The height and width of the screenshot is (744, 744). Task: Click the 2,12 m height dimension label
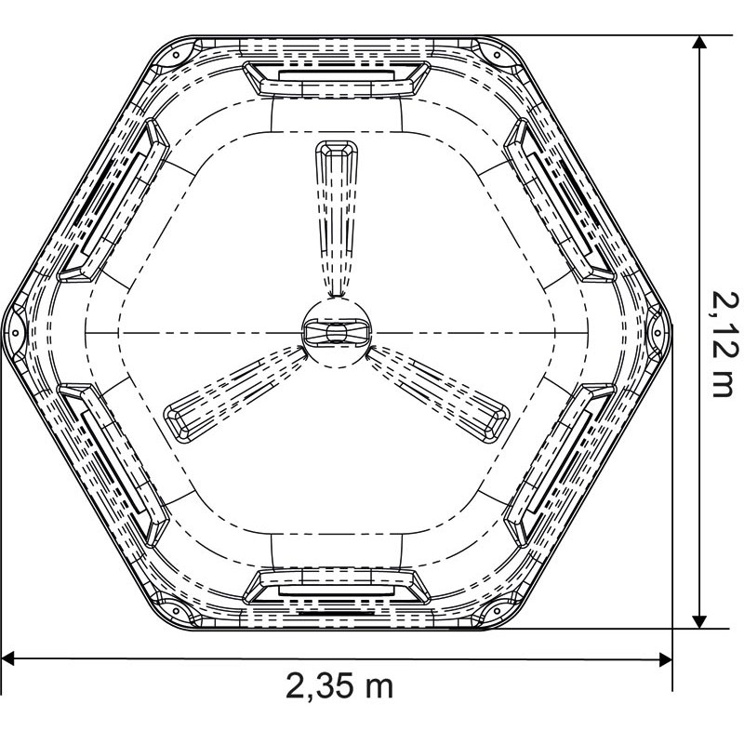pyautogui.click(x=721, y=340)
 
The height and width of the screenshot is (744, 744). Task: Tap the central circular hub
pyautogui.click(x=336, y=332)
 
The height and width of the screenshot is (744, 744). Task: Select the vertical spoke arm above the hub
pyautogui.click(x=336, y=214)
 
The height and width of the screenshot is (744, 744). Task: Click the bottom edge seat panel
pyautogui.click(x=336, y=587)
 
